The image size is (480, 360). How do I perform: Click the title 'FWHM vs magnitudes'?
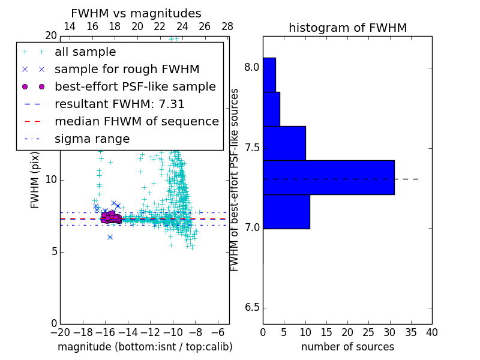(x=136, y=14)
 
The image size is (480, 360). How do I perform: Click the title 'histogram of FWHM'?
(x=347, y=28)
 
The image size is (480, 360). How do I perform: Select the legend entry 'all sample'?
(x=85, y=52)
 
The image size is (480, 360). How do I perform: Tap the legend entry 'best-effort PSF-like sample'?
(x=135, y=86)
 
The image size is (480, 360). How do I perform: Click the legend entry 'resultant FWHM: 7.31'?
(x=119, y=104)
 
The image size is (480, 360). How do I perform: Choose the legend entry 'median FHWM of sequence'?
(x=136, y=121)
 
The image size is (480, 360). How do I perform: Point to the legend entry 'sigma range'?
(x=92, y=139)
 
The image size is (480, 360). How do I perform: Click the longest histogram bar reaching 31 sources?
(x=328, y=177)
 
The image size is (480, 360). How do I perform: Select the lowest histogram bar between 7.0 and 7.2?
(x=286, y=212)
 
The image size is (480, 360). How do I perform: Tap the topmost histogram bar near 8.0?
(x=269, y=74)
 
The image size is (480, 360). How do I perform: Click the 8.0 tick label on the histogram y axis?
(x=251, y=67)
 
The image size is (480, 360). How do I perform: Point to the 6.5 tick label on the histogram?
(x=251, y=308)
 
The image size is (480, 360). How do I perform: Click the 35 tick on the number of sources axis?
(x=411, y=332)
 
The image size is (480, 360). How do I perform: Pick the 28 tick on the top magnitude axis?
(x=227, y=26)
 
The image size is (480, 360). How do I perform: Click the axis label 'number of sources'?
(x=347, y=347)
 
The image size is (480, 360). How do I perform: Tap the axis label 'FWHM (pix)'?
(x=35, y=179)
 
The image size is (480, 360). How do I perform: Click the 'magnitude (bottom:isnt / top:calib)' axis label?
(x=145, y=347)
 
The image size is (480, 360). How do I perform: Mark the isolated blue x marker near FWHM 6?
(x=110, y=237)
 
